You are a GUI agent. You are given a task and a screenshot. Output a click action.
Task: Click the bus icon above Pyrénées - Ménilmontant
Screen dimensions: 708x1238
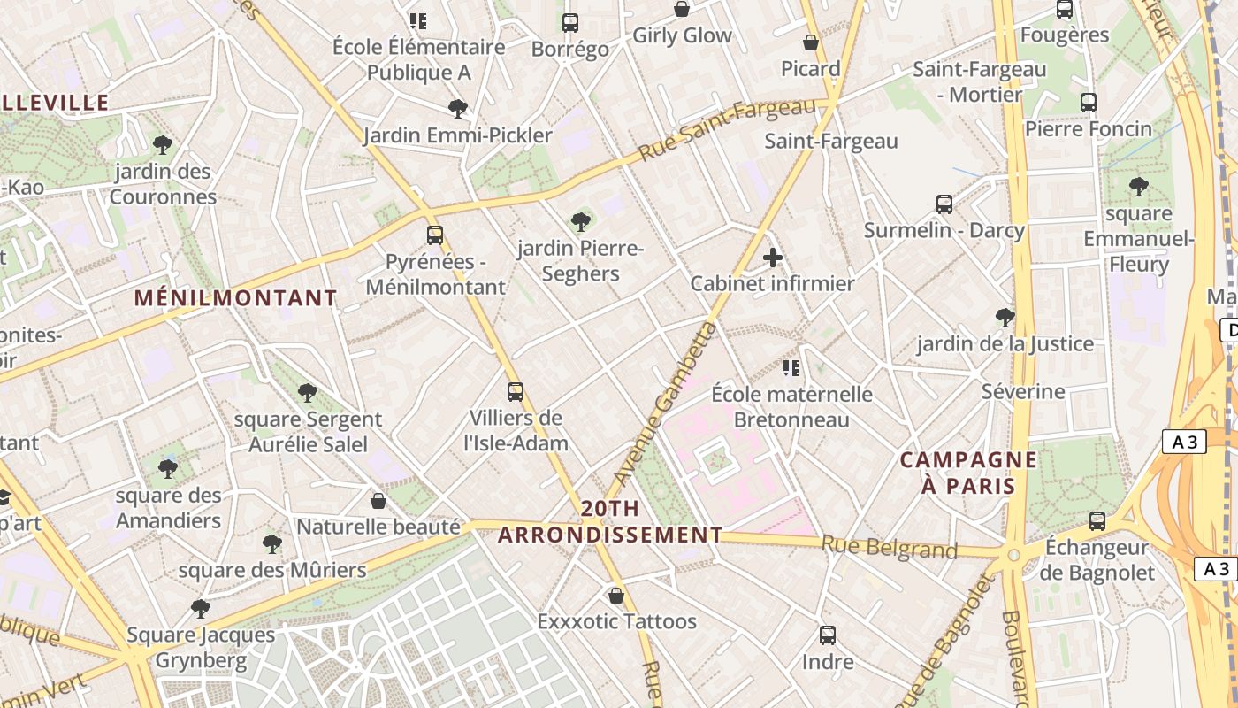[x=434, y=235]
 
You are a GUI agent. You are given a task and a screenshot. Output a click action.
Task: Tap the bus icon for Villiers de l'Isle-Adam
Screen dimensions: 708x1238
[x=515, y=391]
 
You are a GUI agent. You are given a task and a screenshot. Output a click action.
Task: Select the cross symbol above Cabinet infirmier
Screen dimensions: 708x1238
[x=773, y=258]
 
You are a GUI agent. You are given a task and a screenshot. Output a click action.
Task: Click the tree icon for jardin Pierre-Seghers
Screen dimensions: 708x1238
[x=580, y=221]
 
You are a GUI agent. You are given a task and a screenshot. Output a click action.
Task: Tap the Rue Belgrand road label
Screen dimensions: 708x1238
[x=889, y=548]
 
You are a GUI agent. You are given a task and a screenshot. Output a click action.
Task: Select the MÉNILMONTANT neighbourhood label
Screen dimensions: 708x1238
[x=236, y=298]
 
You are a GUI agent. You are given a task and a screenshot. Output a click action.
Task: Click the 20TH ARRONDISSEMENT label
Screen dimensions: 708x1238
[x=610, y=522]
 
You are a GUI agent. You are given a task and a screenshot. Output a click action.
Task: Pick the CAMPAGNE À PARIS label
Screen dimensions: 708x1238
[x=968, y=473]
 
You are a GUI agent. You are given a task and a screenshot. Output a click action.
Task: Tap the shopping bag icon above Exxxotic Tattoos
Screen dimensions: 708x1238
[x=616, y=595]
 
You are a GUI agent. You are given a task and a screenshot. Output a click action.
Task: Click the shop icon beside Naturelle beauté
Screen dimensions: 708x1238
[x=378, y=501]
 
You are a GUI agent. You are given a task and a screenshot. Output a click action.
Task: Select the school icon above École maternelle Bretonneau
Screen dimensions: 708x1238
[x=791, y=367]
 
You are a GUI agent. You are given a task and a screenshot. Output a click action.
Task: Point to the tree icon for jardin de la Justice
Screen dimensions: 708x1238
[x=1005, y=317]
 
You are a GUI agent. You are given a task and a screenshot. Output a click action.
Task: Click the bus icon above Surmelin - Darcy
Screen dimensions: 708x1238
[x=944, y=204]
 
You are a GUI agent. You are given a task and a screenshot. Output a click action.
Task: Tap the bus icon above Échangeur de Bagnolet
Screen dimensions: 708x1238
[x=1097, y=520]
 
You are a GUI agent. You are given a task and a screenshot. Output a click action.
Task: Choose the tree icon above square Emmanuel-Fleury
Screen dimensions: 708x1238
[x=1138, y=187]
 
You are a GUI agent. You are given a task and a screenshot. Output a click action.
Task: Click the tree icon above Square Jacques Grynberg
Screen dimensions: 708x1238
[x=201, y=609]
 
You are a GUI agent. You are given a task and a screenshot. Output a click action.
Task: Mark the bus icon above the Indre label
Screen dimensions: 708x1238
[x=828, y=635]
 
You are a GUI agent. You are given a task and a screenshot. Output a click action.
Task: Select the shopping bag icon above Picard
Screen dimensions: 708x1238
[x=811, y=42]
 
